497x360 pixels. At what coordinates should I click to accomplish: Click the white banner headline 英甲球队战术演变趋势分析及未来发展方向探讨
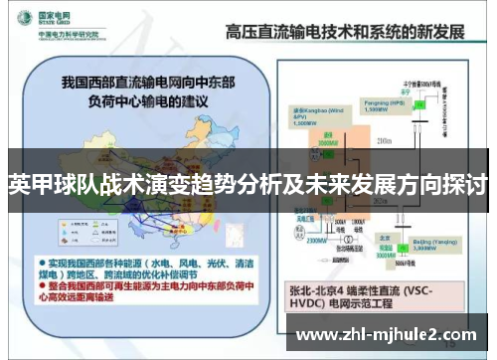pyautogui.click(x=248, y=185)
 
